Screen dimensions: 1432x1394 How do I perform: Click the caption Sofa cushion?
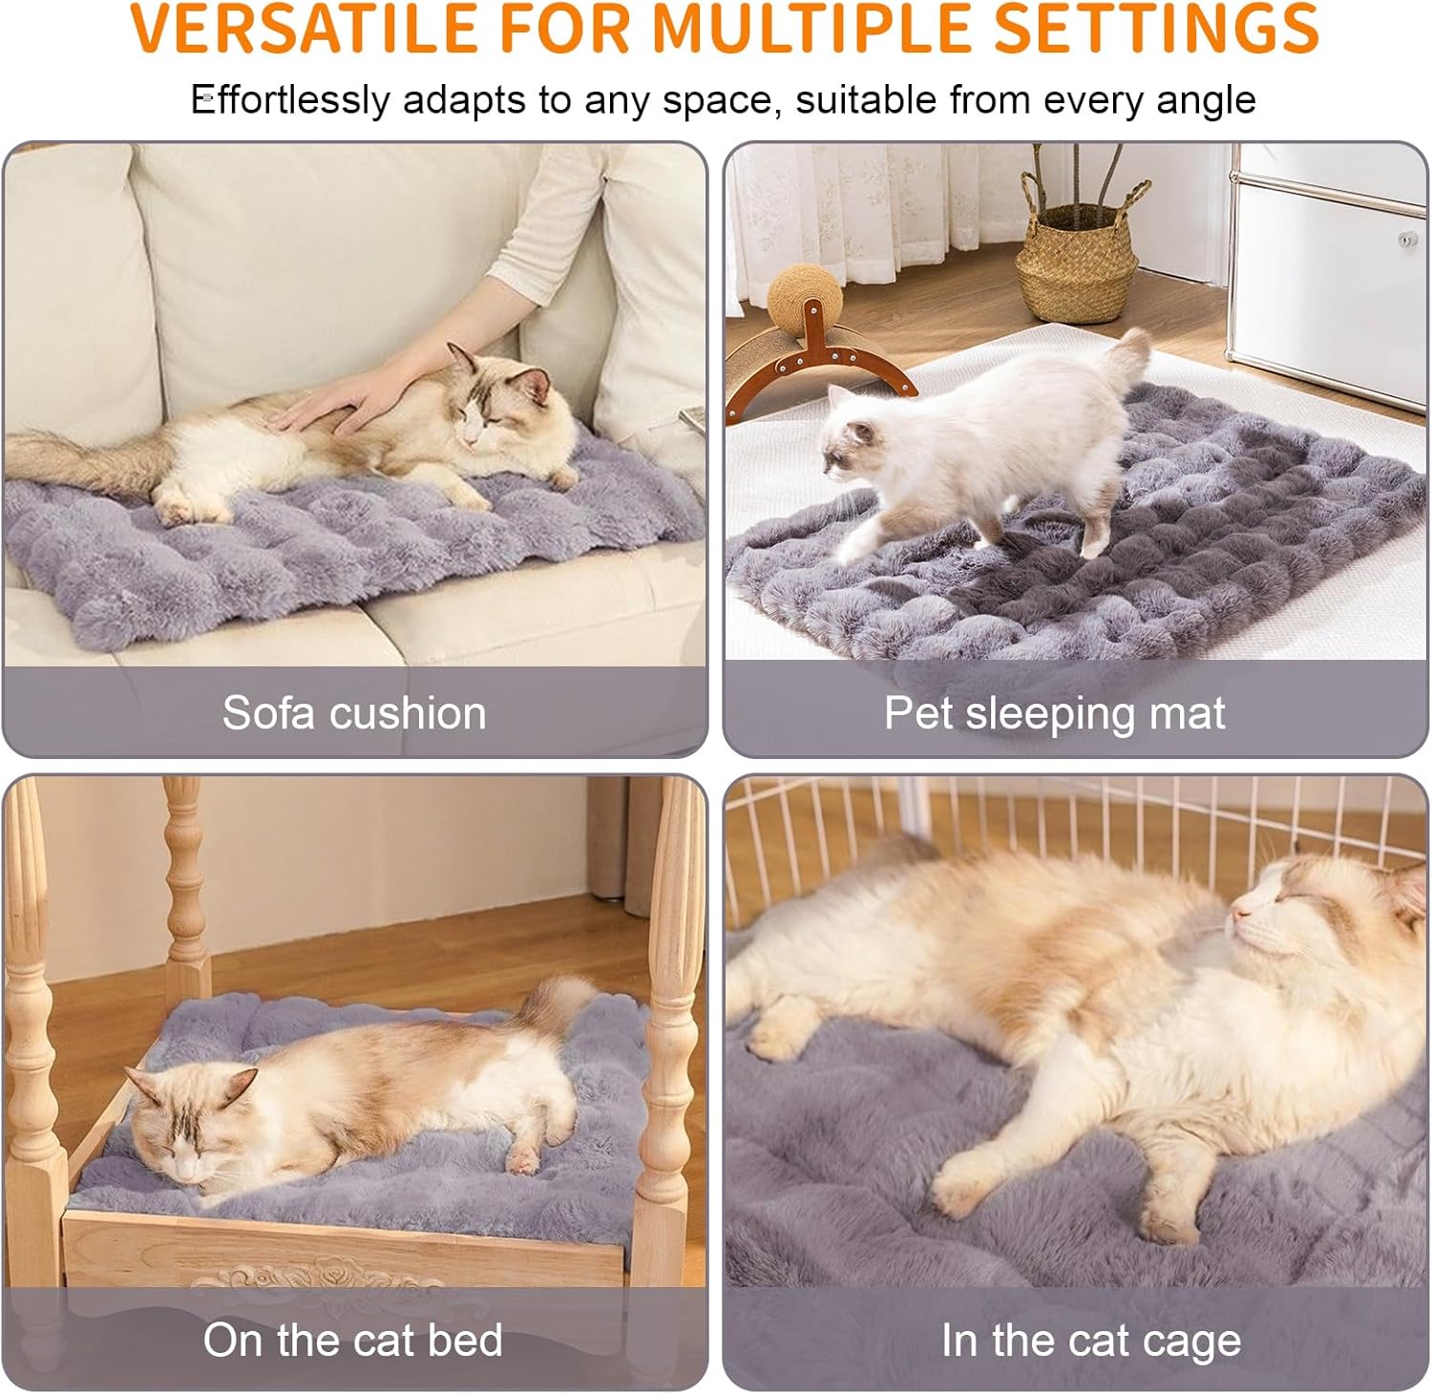(354, 713)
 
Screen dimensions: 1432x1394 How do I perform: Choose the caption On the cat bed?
(352, 1341)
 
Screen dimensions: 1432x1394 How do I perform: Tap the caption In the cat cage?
(1090, 1341)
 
